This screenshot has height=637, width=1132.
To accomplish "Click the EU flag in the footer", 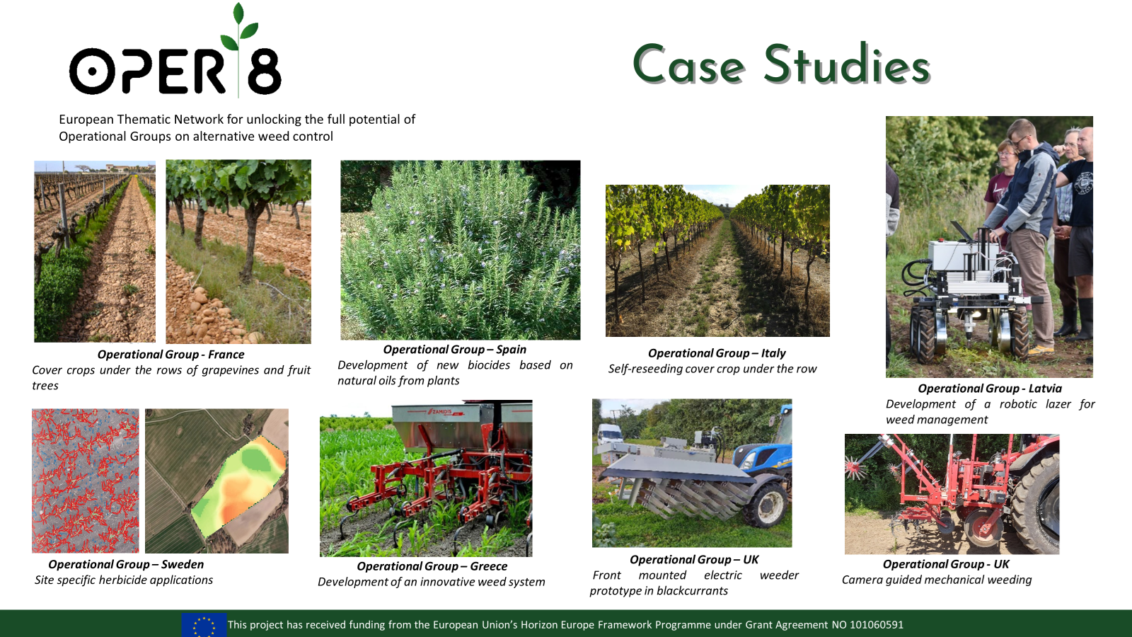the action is (204, 625).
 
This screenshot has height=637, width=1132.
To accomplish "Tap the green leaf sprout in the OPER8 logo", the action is (239, 27).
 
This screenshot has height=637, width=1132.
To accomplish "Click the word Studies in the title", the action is (847, 64).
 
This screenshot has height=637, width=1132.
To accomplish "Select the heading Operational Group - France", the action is (171, 355).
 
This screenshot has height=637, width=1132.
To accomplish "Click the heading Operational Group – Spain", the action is (455, 350).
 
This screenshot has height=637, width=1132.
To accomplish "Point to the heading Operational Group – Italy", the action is (717, 353).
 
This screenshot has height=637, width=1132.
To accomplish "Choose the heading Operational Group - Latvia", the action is (990, 389).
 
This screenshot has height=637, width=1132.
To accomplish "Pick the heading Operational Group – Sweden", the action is (127, 564).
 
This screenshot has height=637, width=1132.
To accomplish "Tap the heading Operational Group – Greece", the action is (432, 566).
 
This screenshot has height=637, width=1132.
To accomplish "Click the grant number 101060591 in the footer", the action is (877, 625).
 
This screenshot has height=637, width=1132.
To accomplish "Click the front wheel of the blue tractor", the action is (766, 503).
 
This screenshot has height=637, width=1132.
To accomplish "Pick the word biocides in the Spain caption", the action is (489, 365).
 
